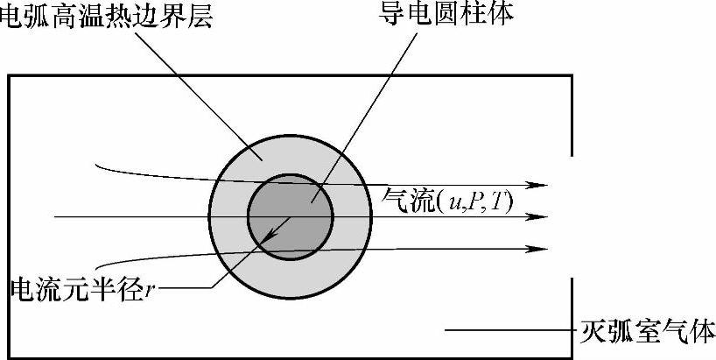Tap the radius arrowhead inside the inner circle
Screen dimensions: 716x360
pos(274,235)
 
